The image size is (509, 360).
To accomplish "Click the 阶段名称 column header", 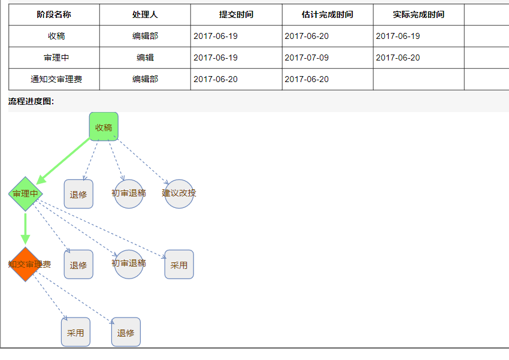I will coord(54,14).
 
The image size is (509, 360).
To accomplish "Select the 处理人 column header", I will coord(145,14).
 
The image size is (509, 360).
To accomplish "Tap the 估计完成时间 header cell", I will coord(327,14).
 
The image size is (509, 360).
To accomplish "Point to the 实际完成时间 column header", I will coord(419,14).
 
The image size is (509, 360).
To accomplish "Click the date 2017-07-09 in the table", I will coord(307,58).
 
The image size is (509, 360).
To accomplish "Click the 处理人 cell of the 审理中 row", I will coord(145,58).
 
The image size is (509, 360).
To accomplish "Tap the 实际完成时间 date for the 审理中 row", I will coord(398,58).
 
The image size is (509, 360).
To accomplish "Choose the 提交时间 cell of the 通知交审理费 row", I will coord(216,79).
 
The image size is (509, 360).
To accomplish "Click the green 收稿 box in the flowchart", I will coord(104,127).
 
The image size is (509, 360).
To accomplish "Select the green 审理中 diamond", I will coord(25,193).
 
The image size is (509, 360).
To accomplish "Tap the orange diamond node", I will coord(25,264).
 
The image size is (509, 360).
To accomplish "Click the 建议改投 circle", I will coord(179,193).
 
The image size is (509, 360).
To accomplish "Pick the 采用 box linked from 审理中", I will coord(179,265).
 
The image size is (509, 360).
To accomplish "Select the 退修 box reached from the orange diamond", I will coord(126,332).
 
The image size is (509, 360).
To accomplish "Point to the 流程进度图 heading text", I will coord(31,101).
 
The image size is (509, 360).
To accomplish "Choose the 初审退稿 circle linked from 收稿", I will coord(129,193).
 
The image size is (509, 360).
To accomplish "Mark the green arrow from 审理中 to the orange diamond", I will coord(25,228).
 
